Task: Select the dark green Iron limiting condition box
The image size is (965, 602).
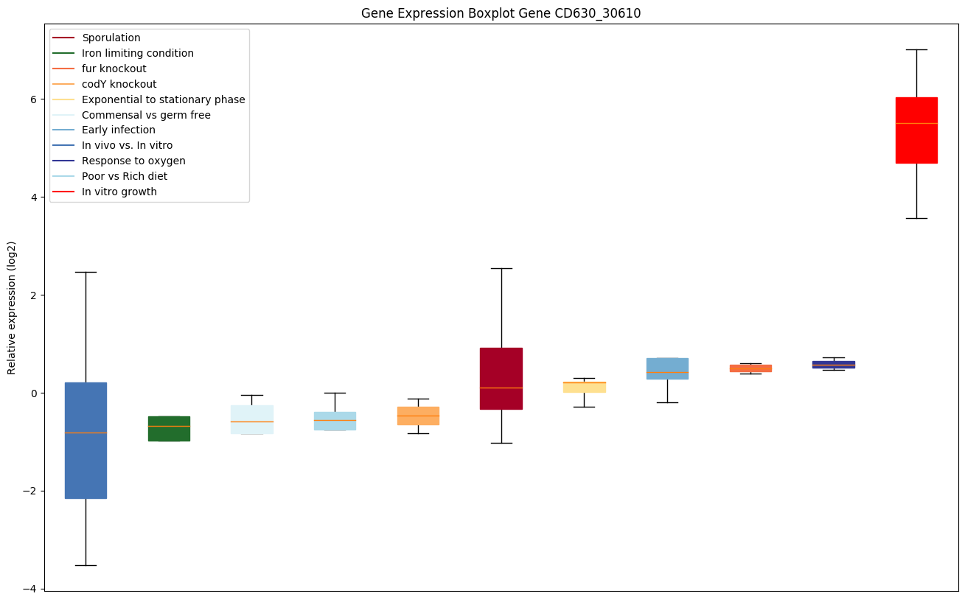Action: [169, 428]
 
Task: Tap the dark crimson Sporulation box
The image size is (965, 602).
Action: [501, 378]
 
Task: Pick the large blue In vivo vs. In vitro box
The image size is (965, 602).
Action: [86, 440]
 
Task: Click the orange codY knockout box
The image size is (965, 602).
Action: [418, 416]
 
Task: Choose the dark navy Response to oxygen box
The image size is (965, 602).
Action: [833, 364]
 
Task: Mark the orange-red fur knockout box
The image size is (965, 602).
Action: [750, 368]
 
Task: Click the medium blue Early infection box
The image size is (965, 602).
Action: [667, 368]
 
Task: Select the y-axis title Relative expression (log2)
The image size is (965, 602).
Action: [12, 307]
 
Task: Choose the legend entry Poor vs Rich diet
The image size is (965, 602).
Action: [125, 176]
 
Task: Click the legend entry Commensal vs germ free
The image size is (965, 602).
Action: [146, 115]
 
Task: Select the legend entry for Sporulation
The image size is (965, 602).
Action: [111, 38]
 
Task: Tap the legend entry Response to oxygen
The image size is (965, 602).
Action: [133, 161]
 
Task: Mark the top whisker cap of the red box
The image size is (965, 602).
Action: [916, 49]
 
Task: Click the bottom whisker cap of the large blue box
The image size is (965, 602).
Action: [86, 565]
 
